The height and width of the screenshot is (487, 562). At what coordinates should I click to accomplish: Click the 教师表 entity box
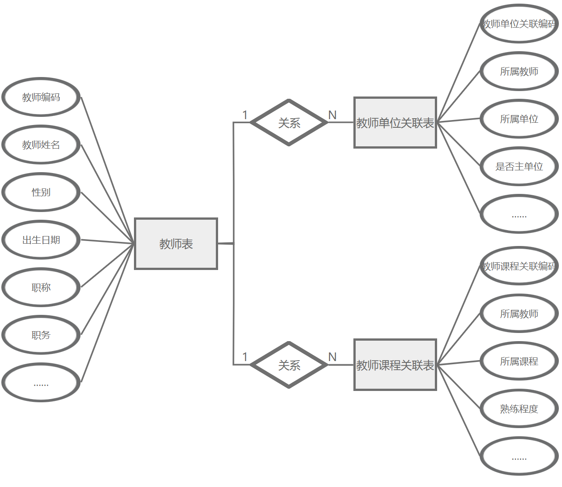176,244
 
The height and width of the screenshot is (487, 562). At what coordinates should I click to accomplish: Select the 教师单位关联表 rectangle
395,122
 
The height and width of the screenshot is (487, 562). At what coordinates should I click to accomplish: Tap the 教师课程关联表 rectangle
395,365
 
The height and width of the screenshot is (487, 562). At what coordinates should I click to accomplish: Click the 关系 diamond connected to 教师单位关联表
289,122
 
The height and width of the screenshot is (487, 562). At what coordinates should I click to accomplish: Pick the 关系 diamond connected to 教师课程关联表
289,365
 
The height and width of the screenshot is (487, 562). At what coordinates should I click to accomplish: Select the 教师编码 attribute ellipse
41,97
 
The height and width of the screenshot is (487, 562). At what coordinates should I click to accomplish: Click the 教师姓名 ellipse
41,145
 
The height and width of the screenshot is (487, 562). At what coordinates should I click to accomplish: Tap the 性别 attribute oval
41,193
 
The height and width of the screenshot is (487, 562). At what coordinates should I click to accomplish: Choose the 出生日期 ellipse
41,240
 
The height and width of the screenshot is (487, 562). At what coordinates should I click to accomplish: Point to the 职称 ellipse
41,288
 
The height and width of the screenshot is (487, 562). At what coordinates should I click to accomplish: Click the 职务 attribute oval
41,335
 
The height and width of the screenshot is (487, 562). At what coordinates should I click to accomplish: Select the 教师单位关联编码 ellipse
519,24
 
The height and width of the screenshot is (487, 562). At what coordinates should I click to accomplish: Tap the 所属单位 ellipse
519,119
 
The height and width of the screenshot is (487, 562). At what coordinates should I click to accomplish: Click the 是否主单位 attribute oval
519,167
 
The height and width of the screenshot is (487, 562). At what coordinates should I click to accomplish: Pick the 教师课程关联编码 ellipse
519,266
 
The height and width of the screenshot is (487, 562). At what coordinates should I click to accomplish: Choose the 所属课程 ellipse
519,362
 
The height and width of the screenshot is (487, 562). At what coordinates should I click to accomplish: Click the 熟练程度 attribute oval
519,409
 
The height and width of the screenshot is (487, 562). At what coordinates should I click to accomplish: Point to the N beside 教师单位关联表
333,115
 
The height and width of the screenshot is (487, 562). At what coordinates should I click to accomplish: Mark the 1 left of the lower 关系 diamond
245,357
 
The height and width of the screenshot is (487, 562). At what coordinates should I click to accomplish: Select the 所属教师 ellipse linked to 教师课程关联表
519,314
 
